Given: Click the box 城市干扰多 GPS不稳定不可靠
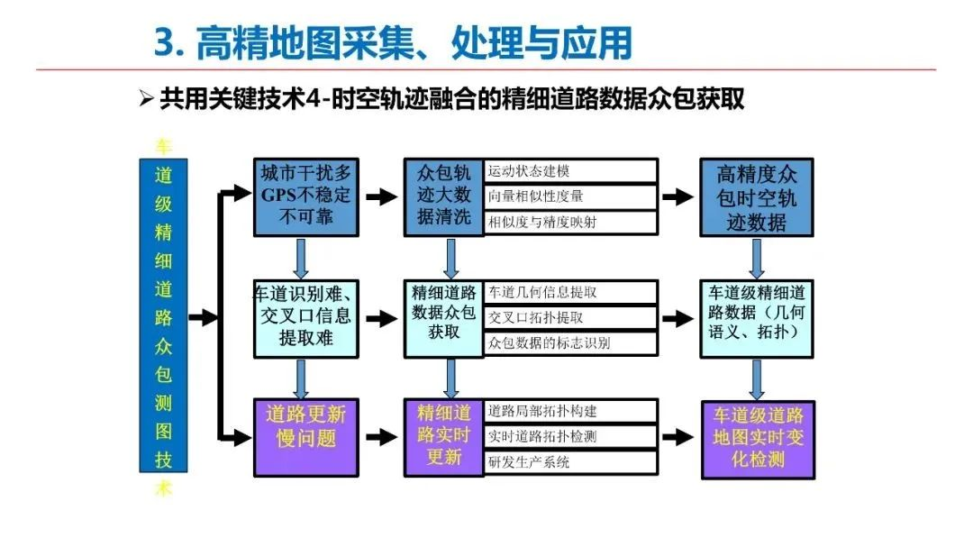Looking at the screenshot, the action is click(306, 196).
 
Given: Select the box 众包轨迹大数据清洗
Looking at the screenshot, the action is click(443, 196).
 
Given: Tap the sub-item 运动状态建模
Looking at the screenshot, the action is click(570, 170).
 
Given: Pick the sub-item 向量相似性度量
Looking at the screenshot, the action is click(570, 196).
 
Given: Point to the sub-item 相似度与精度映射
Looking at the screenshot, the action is click(570, 223).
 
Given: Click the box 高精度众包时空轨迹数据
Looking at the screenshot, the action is click(757, 196).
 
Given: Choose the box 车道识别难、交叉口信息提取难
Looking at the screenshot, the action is click(306, 318).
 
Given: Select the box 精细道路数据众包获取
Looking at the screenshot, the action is click(443, 318).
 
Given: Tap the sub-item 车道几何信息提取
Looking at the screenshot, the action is click(570, 293).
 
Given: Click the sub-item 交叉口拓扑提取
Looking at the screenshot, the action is click(570, 318).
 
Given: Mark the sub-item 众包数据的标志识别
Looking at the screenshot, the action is click(570, 343).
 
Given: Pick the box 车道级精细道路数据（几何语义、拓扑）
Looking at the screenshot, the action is click(757, 318).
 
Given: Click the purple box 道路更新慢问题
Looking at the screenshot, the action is click(306, 438).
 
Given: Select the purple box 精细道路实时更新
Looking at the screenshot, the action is click(443, 438).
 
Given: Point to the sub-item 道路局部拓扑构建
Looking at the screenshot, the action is click(570, 411).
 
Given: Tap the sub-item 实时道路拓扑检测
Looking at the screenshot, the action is click(570, 436).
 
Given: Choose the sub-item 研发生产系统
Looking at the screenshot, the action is click(570, 462).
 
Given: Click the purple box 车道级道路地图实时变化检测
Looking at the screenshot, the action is click(758, 440).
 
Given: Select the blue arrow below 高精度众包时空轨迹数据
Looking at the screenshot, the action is click(757, 259).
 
